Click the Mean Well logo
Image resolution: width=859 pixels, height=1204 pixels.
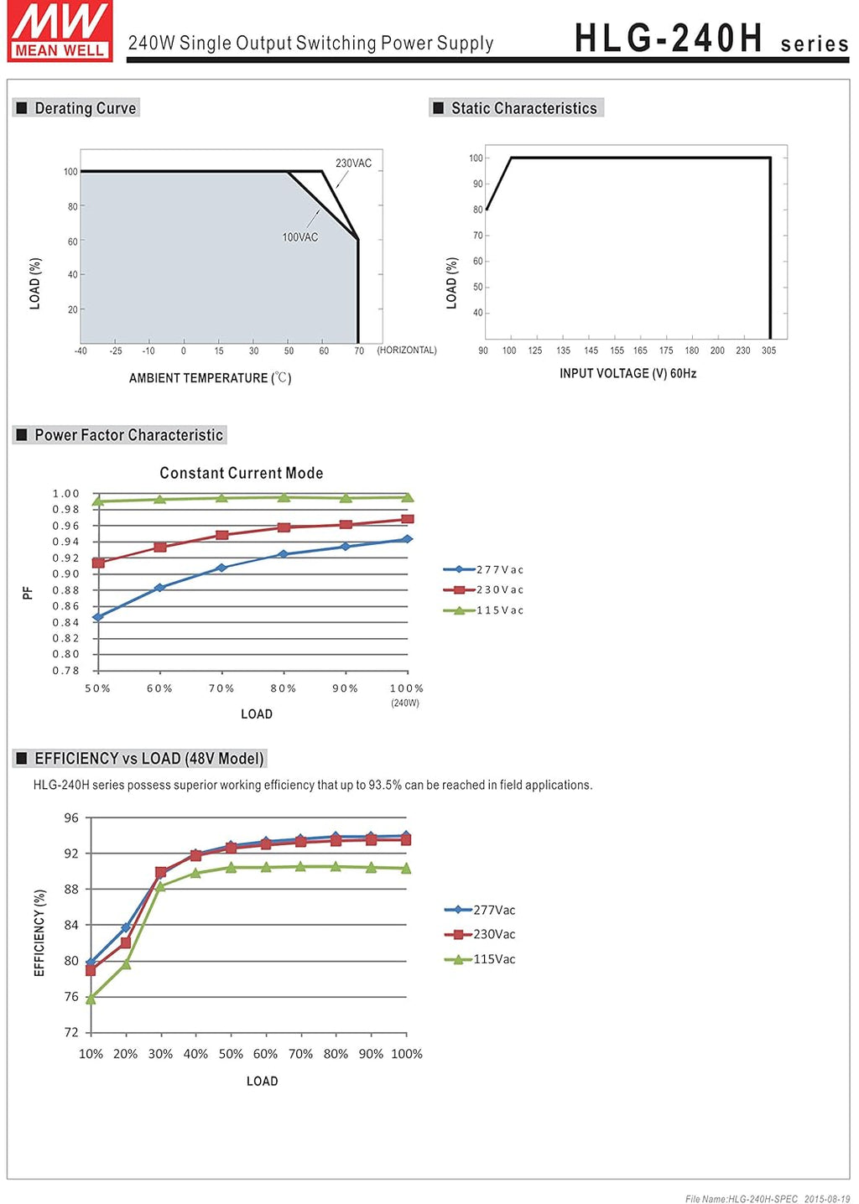(60, 31)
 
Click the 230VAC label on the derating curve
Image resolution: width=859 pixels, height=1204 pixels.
(353, 163)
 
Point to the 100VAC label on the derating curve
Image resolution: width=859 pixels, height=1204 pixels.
(300, 237)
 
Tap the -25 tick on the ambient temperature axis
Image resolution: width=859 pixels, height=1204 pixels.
(116, 351)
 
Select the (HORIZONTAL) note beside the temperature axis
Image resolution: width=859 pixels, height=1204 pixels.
(407, 350)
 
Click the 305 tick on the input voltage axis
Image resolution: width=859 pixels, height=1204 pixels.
(768, 350)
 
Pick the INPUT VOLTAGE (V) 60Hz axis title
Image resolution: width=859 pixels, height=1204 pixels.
(627, 373)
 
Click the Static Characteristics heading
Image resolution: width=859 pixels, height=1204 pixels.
(524, 108)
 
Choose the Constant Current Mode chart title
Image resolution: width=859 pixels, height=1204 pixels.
(242, 473)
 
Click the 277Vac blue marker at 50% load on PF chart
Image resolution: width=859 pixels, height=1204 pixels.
(98, 617)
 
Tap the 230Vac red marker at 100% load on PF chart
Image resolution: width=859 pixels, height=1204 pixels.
(408, 519)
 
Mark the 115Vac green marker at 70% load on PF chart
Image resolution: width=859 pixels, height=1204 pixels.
(221, 498)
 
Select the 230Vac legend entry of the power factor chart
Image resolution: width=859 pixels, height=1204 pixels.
(483, 589)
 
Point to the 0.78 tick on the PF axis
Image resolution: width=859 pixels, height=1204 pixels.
(65, 670)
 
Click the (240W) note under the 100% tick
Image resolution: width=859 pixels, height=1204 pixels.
(405, 703)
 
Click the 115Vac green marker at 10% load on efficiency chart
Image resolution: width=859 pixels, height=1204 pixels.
(91, 999)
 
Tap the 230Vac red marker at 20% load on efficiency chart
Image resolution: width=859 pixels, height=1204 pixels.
(126, 942)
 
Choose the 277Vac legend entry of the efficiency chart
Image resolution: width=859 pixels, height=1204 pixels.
(480, 910)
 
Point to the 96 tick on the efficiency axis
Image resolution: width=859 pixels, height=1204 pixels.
(71, 818)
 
